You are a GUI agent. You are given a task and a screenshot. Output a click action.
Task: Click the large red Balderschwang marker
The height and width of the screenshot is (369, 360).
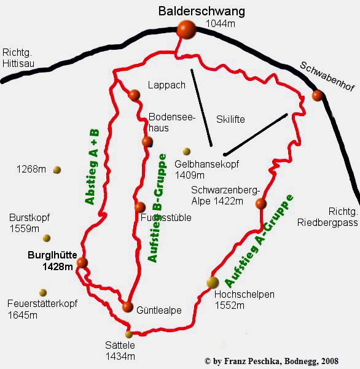click(x=186, y=29)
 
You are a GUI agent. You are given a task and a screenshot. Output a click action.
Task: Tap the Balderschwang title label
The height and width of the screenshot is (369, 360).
click(x=202, y=11)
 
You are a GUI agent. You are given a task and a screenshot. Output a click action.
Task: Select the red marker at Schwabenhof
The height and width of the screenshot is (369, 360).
click(x=318, y=95)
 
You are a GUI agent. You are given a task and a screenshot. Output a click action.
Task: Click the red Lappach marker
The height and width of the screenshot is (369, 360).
click(x=135, y=95)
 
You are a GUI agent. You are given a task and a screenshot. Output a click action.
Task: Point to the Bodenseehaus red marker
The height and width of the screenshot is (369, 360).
click(x=147, y=142)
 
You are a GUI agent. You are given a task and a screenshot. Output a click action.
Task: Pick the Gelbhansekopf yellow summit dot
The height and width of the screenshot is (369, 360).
click(x=187, y=151)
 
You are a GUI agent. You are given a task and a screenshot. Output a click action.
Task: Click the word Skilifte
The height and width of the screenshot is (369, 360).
click(x=230, y=119)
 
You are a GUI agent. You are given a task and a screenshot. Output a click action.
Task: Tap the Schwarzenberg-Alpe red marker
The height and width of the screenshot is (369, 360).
click(x=260, y=204)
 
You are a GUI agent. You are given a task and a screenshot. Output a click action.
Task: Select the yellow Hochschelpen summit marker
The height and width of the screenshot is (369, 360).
click(x=213, y=282)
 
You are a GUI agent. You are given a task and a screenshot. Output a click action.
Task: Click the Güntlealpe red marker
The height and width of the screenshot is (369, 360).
click(x=127, y=306)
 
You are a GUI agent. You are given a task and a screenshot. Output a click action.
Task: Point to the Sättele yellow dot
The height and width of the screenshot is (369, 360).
click(x=129, y=335)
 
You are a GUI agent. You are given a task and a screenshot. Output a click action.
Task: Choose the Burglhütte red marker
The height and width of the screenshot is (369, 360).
click(x=82, y=263)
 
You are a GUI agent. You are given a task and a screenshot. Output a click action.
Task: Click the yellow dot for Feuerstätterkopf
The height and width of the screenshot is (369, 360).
click(x=43, y=293)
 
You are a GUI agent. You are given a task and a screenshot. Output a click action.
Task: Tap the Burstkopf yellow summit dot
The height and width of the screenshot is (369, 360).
click(x=47, y=238)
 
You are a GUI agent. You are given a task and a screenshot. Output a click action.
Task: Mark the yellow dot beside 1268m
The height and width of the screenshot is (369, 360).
click(x=57, y=169)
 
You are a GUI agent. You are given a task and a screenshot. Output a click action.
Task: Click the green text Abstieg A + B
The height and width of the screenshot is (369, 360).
click(x=92, y=166)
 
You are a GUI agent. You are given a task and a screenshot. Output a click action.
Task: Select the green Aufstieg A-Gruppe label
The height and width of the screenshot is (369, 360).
click(x=259, y=241)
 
